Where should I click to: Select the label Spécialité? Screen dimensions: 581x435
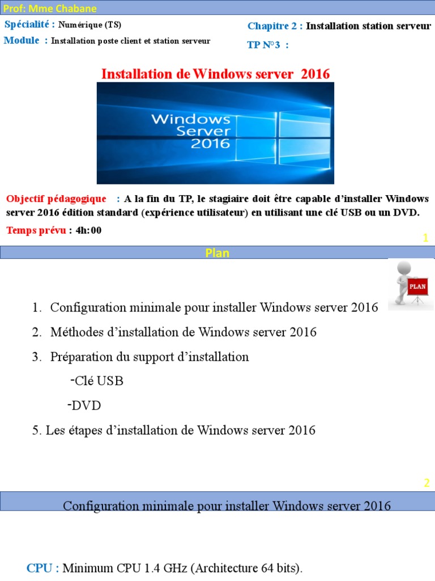point(29,25)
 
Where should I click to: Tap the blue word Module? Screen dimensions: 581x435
point(22,40)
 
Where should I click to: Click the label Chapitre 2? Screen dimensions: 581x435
point(274,27)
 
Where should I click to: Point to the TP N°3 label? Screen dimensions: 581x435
point(265,45)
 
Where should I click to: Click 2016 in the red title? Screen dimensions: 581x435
point(315,74)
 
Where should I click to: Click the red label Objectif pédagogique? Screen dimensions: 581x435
point(56,199)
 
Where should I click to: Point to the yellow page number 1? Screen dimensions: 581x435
point(425,239)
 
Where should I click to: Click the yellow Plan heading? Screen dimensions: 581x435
point(217,253)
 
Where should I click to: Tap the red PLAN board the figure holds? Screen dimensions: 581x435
point(417,287)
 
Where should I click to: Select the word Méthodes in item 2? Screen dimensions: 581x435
point(74,332)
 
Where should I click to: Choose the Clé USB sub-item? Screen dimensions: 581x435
point(98,381)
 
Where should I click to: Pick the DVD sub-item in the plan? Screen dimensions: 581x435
point(87,406)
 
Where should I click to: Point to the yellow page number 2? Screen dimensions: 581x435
point(427,483)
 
